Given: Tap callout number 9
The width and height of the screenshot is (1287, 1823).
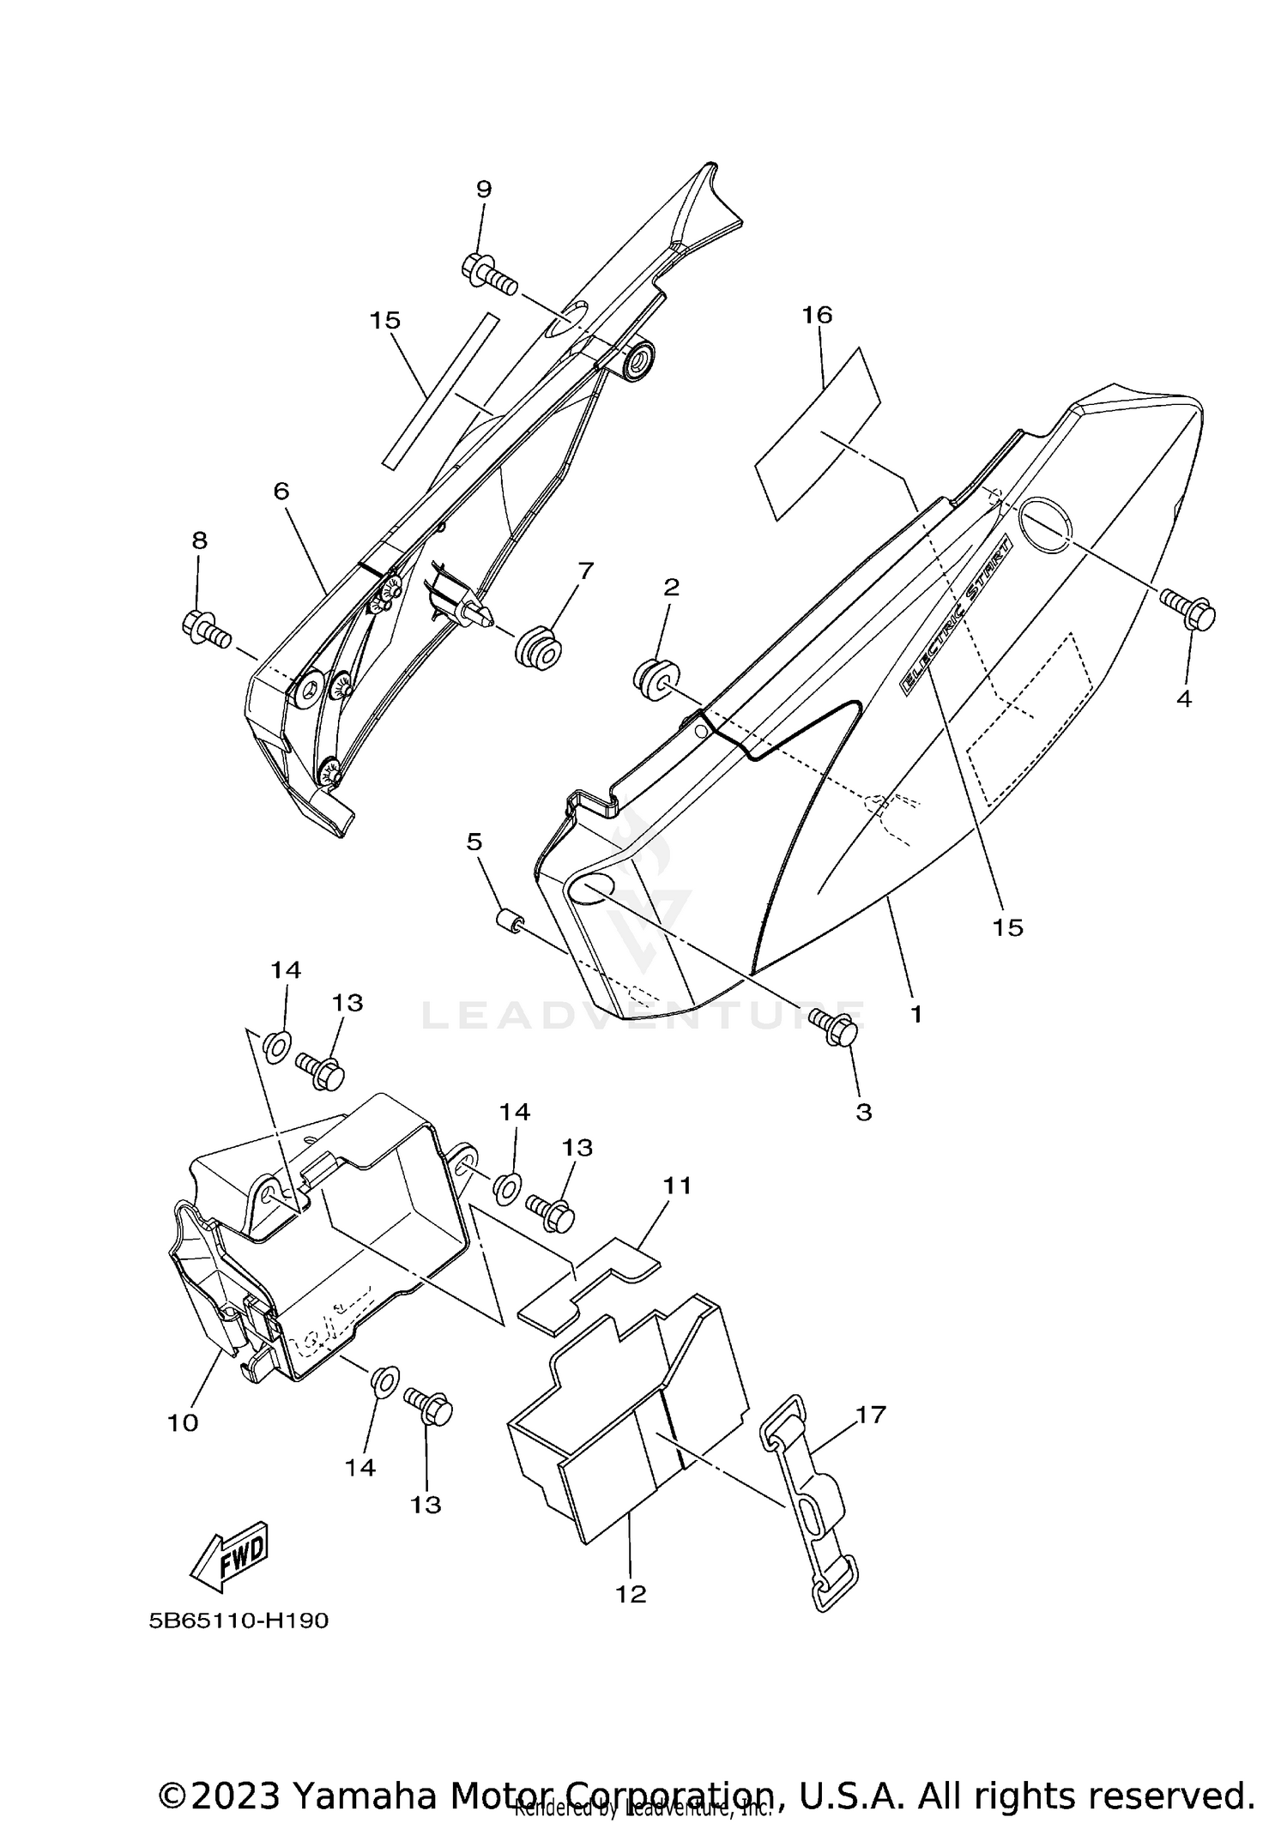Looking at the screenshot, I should [x=484, y=190].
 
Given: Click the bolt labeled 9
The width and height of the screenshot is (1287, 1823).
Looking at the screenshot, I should [x=488, y=275].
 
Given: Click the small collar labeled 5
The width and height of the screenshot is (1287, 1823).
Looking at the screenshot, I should [x=511, y=925].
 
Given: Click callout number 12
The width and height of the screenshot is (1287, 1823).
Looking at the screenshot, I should [x=631, y=1593].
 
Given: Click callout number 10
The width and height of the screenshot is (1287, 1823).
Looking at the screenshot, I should [x=183, y=1422].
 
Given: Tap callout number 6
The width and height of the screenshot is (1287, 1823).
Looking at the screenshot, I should [x=281, y=491].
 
